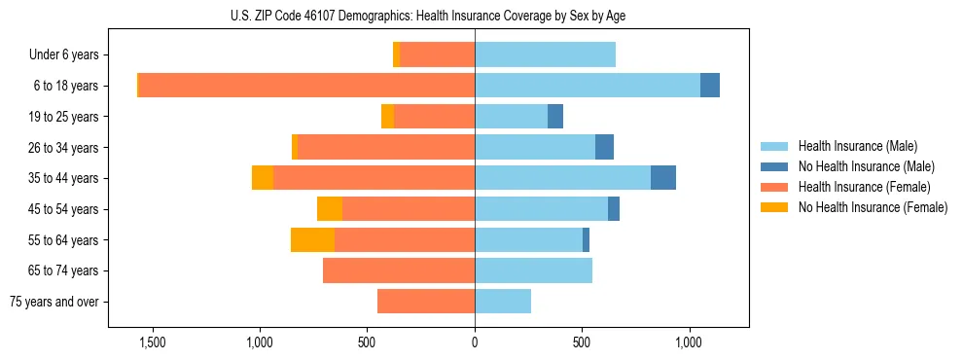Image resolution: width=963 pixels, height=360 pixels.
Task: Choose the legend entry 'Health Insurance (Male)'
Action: coord(857,146)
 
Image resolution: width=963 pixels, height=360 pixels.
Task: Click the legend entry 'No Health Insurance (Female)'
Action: coord(873,207)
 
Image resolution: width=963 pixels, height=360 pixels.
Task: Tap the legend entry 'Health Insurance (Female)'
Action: coord(864,187)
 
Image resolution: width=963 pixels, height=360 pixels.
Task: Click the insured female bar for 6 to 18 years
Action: coord(793,86)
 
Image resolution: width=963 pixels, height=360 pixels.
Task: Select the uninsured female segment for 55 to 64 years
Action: coord(312,239)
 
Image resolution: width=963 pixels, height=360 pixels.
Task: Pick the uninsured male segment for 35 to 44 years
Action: coord(663,178)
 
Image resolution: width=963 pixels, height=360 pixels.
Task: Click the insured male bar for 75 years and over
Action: coord(503,302)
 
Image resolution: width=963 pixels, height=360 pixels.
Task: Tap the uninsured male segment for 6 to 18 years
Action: coord(710,86)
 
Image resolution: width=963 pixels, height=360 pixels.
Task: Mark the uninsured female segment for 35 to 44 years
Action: coord(263,178)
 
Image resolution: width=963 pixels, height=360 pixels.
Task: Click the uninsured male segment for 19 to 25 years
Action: coord(555,117)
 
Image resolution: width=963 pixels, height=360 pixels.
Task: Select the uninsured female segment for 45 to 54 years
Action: coord(330,209)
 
